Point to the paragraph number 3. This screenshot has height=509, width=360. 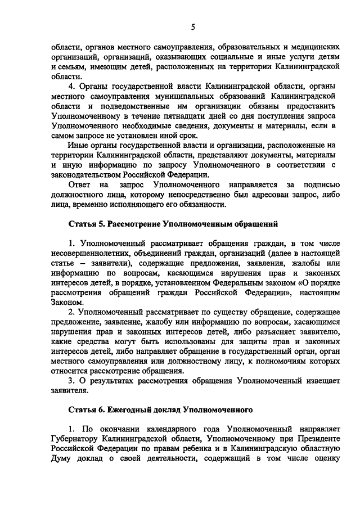click(x=71, y=380)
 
